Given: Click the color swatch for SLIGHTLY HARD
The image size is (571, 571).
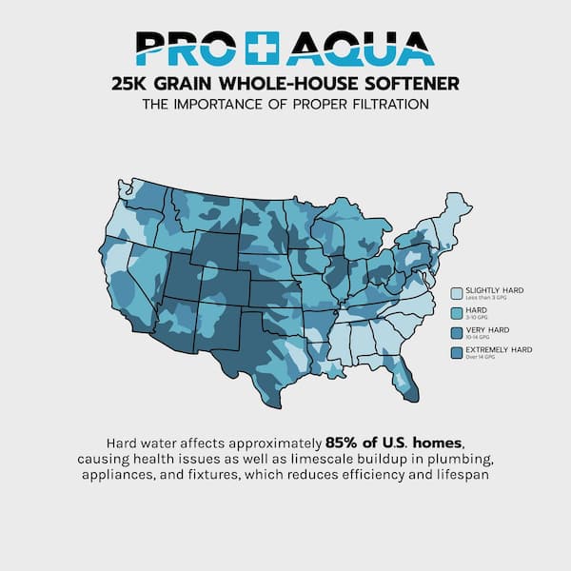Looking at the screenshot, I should coord(457,294).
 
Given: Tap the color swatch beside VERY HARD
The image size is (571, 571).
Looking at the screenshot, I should coord(457,333).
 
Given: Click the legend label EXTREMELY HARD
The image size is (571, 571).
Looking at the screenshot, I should coord(500,349).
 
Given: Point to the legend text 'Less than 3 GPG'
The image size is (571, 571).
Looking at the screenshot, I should coord(484,299).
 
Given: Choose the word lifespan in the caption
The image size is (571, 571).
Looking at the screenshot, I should coord(461,475).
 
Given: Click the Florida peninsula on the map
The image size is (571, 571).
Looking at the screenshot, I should coord(404,377).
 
